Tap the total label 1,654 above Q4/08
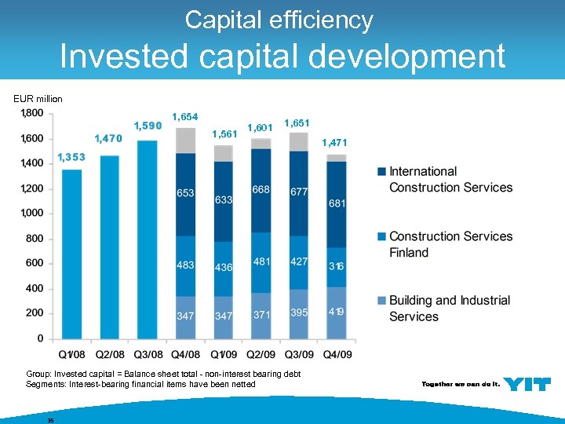click(x=184, y=117)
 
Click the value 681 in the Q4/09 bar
click(x=337, y=203)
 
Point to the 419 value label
click(x=336, y=312)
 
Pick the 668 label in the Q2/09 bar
click(x=261, y=189)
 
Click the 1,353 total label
click(x=71, y=158)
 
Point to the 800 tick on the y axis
click(x=34, y=238)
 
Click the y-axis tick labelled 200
click(x=34, y=313)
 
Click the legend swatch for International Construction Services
click(x=381, y=171)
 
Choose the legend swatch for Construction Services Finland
click(x=381, y=236)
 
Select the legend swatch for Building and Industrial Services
click(x=381, y=301)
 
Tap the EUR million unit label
click(x=38, y=99)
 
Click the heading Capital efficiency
click(x=279, y=20)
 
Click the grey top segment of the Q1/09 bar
click(x=224, y=153)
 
